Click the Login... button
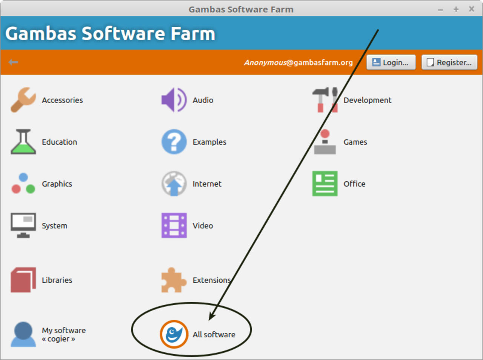pos(391,62)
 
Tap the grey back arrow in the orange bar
pos(13,62)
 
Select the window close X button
pos(471,9)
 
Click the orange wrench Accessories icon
pos(23,100)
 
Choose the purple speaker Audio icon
pos(174,100)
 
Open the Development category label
pos(367,100)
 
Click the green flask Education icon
pos(23,142)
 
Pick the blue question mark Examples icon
pos(174,142)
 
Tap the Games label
pos(355,142)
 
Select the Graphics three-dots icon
pos(23,184)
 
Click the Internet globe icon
pos(174,184)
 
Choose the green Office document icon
pos(325,184)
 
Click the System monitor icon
pos(23,225)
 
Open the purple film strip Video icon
pos(174,225)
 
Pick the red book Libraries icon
pos(23,280)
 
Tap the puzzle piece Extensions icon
pos(174,280)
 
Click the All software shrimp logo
pos(174,334)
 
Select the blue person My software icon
pos(23,334)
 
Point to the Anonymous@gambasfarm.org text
pos(298,63)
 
